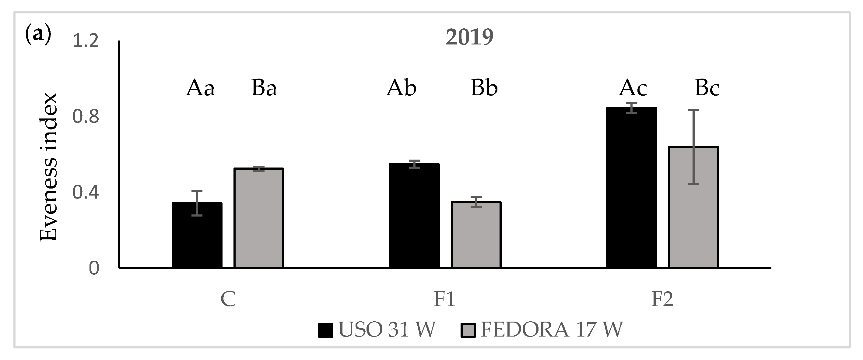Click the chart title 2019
click(469, 37)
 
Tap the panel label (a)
click(38, 34)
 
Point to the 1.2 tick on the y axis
click(86, 41)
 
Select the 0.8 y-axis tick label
click(86, 117)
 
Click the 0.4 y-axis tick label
click(86, 192)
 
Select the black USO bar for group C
click(197, 235)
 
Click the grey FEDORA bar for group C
click(259, 218)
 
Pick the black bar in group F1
click(414, 216)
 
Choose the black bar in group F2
click(632, 188)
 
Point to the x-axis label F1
click(444, 299)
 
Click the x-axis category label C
click(228, 299)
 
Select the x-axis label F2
click(662, 299)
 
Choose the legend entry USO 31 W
click(377, 330)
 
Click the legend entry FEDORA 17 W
click(542, 330)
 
